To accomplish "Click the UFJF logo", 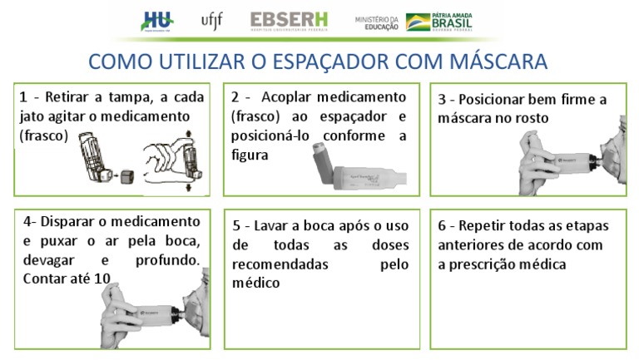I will tap(212, 20).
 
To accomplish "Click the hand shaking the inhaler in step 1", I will tap(166, 160).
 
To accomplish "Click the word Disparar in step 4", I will tap(74, 222).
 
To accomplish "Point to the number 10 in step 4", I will tap(102, 279).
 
